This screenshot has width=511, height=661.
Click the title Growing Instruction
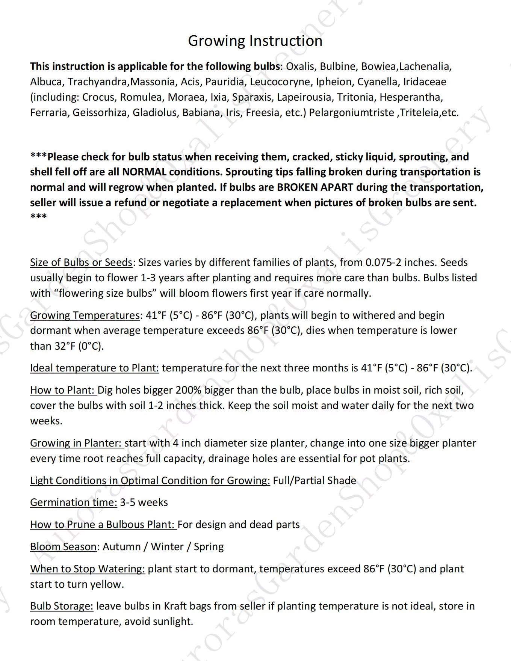[255, 41]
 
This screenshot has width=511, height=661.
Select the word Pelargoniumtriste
[351, 112]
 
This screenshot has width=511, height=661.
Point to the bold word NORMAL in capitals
[144, 172]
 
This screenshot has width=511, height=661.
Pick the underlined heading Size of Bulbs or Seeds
[81, 262]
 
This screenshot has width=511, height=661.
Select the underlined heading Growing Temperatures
[85, 315]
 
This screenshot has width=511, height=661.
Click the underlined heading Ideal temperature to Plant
[94, 368]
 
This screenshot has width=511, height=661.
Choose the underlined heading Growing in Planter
[76, 443]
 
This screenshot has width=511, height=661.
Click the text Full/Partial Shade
[314, 481]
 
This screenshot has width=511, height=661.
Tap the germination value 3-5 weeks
[144, 503]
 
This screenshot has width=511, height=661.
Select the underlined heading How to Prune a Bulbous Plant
[103, 525]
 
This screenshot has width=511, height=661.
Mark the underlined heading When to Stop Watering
[88, 569]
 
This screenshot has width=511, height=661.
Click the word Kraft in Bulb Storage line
[175, 606]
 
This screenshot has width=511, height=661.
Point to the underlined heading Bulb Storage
[62, 606]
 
